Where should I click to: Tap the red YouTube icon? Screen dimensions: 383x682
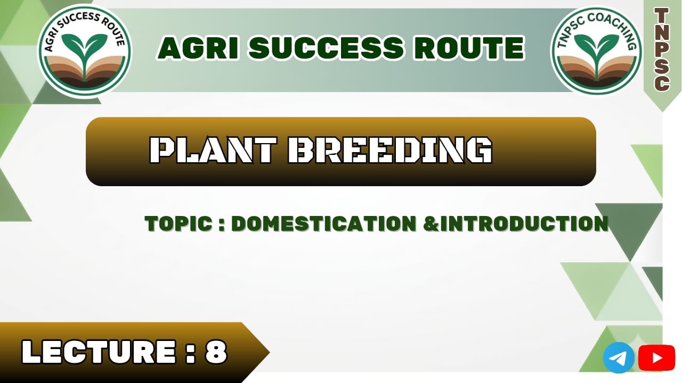656,357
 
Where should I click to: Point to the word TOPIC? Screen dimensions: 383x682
178,224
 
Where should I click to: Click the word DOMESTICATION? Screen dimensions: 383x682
324,224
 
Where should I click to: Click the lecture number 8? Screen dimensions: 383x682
216,352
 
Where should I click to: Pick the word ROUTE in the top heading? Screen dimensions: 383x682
468,48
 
